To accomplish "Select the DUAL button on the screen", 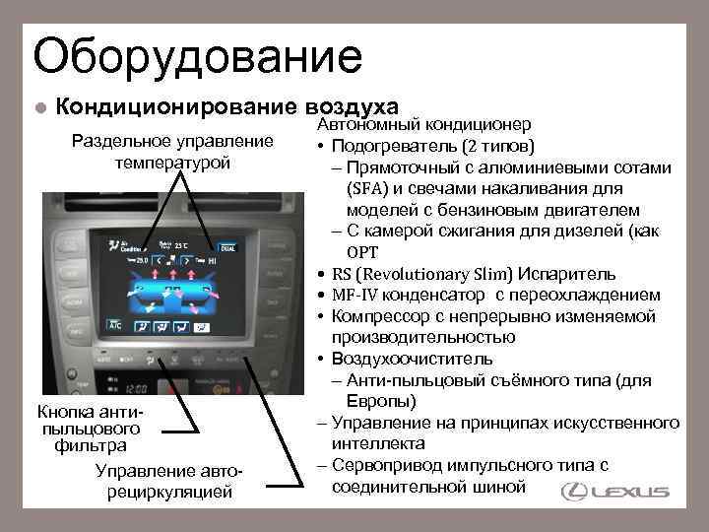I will (x=227, y=247).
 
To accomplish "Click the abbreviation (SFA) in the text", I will (x=369, y=188).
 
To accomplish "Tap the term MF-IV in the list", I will (x=354, y=295).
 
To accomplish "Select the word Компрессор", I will (x=379, y=316).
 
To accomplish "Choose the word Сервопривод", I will (x=388, y=465).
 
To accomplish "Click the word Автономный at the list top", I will (x=363, y=126).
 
